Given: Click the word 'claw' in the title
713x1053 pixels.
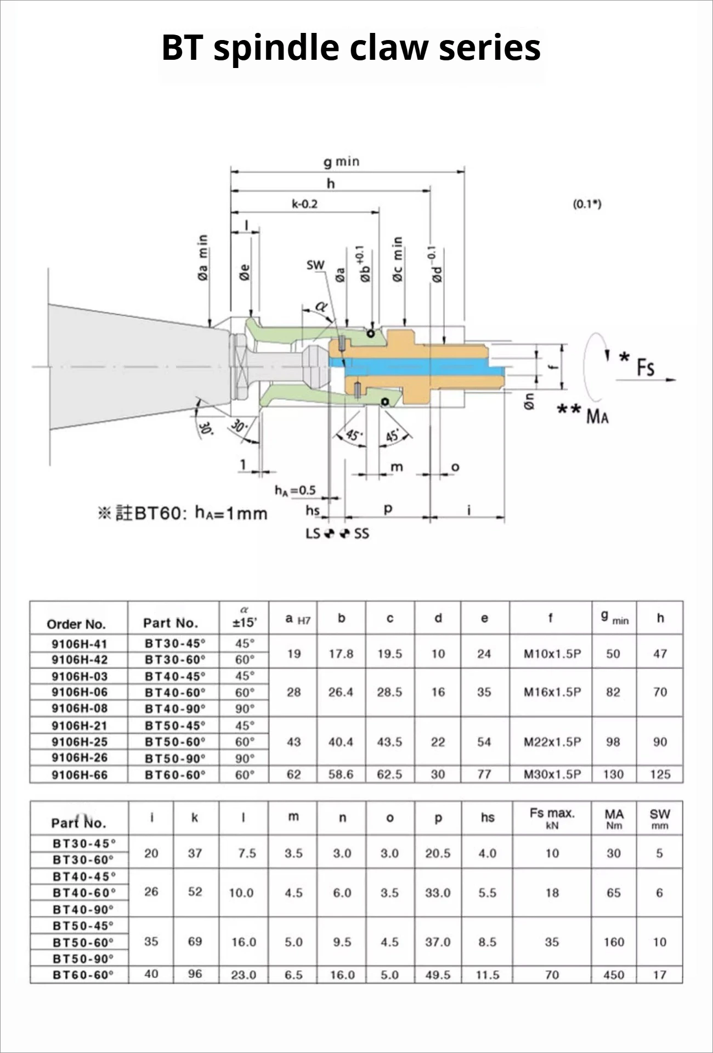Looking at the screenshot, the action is coord(389,47).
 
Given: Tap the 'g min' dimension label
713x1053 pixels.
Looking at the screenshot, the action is coord(341,162).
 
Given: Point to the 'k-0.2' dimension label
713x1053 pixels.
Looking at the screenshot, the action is coord(304,204).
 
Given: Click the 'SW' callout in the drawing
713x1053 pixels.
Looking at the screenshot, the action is coord(315,265).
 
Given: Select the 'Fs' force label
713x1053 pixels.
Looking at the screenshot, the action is coord(646,367).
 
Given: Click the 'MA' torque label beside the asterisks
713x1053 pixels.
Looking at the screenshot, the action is coord(597,416).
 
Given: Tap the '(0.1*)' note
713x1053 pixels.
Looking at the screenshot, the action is coord(587,204).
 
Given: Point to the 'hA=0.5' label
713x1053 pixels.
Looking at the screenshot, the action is coord(295,490).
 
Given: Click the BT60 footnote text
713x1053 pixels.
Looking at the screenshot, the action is coord(183,513).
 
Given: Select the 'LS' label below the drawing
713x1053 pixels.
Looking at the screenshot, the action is coord(313,533).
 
